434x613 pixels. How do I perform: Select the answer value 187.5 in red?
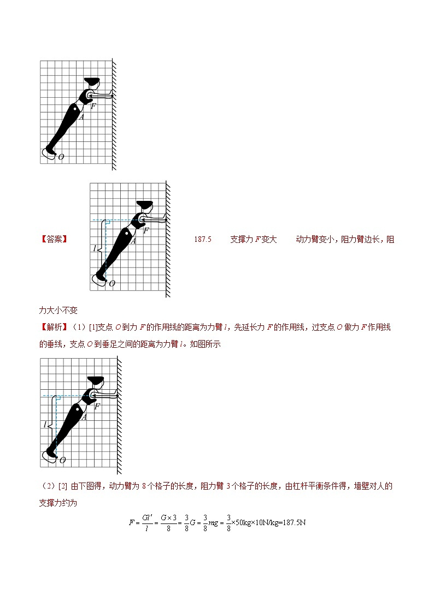tap(202, 239)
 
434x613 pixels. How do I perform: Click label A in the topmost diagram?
tap(81, 116)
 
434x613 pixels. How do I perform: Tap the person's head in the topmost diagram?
tap(92, 84)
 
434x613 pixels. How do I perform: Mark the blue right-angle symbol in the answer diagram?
tap(108, 223)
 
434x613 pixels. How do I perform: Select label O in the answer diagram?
tap(112, 283)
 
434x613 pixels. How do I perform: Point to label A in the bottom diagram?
tap(84, 417)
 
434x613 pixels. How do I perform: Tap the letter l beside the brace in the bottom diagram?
tap(45, 424)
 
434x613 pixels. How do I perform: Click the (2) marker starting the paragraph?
tap(47, 486)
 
